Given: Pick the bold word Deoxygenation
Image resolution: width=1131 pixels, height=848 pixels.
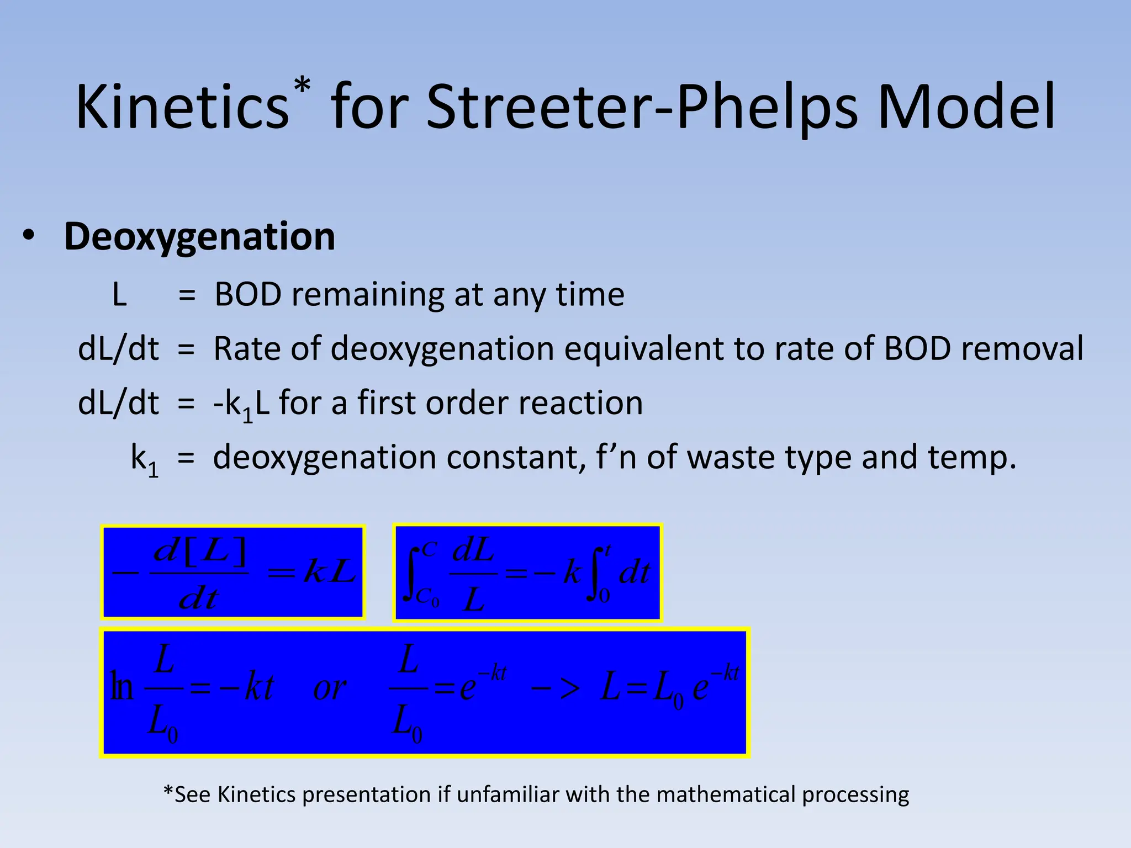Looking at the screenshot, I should coord(199,237).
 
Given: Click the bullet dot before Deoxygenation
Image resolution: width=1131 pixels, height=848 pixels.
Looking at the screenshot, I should coord(29,236).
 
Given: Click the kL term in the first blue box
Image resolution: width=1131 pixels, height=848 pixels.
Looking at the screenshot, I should coord(330,571).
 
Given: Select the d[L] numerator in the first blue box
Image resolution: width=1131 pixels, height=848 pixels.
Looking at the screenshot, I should coord(200,552).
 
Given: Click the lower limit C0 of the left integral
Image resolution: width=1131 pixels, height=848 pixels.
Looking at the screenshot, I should coord(427,597).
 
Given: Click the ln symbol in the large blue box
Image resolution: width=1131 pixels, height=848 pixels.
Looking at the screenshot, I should coord(122,687).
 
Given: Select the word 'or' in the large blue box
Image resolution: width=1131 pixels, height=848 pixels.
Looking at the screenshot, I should coord(330,689).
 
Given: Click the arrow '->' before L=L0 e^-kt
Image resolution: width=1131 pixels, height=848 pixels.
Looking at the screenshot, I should coord(556,688).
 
